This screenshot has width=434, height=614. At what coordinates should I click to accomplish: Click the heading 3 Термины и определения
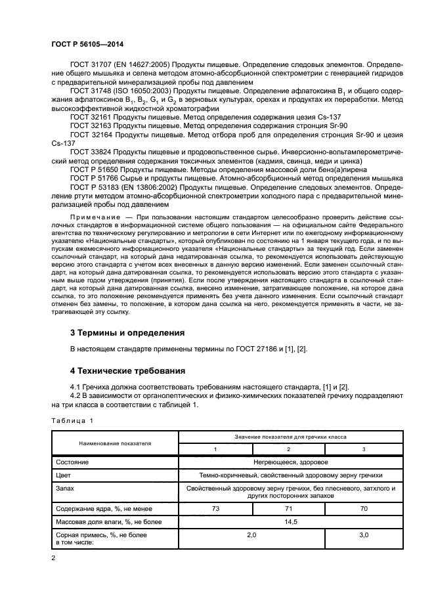point(127,332)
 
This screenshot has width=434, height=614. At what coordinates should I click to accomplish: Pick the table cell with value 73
point(215,508)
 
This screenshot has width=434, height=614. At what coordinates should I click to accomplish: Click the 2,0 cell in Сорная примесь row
point(251,536)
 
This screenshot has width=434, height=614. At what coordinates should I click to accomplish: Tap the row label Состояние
point(73,462)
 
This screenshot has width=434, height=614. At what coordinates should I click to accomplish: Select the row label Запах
point(66,489)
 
